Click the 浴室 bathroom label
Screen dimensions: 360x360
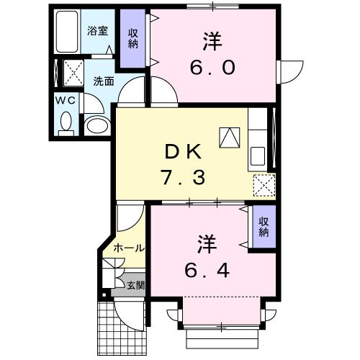pos(97,30)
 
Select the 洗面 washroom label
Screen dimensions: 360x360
pos(103,81)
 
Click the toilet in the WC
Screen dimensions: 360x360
pos(66,123)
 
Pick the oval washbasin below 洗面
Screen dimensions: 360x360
pos(96,127)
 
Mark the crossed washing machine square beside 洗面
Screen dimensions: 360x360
pos(72,72)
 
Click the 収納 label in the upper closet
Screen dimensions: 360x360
pos(134,38)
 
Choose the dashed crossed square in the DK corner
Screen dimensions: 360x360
pos(264,185)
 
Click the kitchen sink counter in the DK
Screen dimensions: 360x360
pos(257,155)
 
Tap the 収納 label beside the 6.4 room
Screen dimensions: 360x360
pos(264,227)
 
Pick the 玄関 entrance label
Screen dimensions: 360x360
pos(135,285)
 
